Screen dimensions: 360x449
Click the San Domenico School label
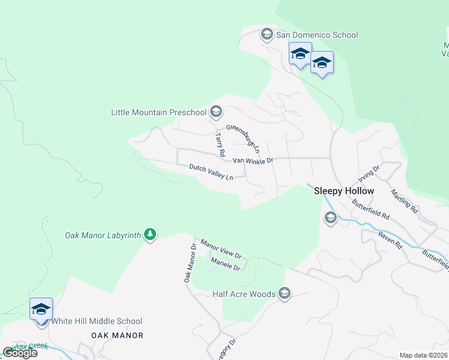click(x=317, y=35)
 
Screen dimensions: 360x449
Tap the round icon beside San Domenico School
click(x=267, y=34)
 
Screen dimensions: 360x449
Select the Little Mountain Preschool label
click(x=158, y=112)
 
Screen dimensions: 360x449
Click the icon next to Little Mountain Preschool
click(x=216, y=112)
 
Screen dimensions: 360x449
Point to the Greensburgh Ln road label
click(x=244, y=137)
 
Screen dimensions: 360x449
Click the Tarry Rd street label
click(x=220, y=142)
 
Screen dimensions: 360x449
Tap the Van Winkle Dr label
click(x=253, y=161)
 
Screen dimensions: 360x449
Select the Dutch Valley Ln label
click(x=211, y=172)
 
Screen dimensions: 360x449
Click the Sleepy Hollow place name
click(x=344, y=191)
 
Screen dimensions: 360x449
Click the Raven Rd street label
click(x=390, y=237)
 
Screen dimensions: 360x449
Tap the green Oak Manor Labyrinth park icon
click(x=151, y=235)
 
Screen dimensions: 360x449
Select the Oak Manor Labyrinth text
click(x=103, y=235)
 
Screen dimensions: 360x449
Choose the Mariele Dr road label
click(x=225, y=263)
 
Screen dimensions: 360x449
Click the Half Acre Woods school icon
click(x=285, y=293)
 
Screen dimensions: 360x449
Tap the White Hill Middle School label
click(x=97, y=321)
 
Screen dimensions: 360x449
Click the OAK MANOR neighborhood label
click(x=117, y=335)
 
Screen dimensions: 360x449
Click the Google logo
click(x=20, y=352)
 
